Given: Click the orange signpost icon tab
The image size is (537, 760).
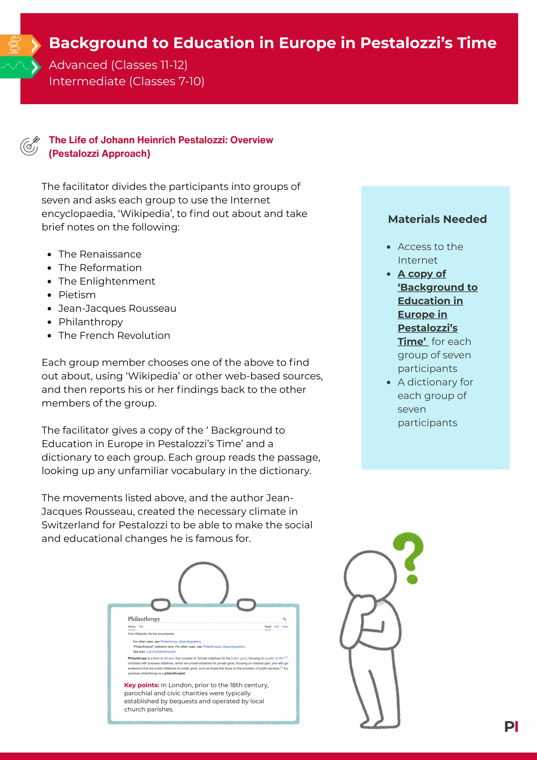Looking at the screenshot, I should tap(15, 44).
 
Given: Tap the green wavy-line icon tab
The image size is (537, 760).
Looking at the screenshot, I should tap(15, 67).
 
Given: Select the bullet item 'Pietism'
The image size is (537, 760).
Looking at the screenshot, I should tap(77, 295).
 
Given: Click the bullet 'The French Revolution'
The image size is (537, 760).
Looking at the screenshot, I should tap(114, 335).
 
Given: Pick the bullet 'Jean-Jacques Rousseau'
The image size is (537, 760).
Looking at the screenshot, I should tap(117, 308).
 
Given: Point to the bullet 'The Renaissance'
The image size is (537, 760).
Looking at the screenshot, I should tap(100, 254).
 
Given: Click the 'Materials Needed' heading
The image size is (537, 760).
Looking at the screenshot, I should tap(437, 219).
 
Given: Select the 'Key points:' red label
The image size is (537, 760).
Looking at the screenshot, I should tap(141, 685).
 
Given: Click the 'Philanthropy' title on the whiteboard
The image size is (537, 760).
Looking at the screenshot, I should tap(144, 619).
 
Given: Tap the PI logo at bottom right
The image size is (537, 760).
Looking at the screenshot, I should tap(511, 727).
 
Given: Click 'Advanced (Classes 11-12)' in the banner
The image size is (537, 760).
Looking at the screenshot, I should tap(118, 65).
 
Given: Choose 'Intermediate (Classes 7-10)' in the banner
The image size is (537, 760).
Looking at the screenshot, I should tap(126, 81).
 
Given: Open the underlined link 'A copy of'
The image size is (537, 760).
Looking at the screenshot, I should tap(422, 274).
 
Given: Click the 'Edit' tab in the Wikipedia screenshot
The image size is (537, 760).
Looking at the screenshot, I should tap(276, 626).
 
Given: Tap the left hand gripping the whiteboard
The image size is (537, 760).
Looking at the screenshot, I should tap(161, 604).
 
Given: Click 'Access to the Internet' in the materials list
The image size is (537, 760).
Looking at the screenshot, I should tap(430, 253).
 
